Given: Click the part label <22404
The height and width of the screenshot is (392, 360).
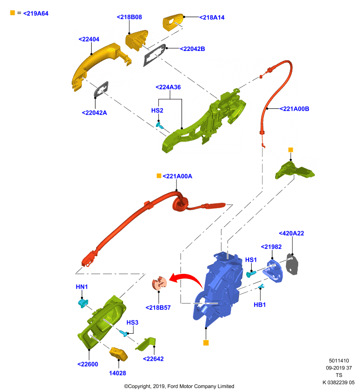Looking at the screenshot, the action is (89, 39).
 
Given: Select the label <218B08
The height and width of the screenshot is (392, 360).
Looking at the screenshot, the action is (129, 17).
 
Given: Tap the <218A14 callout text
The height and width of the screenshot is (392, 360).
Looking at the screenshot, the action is (212, 17).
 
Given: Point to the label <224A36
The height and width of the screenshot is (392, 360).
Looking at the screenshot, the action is (168, 87).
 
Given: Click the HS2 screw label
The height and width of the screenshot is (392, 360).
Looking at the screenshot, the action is (157, 110).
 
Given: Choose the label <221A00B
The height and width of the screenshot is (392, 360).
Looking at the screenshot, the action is (294, 109).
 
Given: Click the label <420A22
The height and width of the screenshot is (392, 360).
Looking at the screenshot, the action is (291, 233).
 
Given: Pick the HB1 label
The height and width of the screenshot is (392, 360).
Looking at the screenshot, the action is (259, 304).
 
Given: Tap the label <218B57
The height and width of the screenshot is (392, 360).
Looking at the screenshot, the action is (158, 308).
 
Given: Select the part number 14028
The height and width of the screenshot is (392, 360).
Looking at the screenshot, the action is (118, 373).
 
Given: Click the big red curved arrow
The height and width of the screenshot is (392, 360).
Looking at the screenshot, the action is (188, 277).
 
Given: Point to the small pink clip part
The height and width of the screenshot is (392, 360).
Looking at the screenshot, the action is (159, 284).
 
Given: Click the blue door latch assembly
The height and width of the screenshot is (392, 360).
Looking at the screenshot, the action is (220, 288).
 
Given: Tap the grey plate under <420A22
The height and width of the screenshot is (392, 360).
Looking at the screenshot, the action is (292, 264).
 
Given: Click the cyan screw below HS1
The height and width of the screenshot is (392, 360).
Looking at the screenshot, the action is (251, 273).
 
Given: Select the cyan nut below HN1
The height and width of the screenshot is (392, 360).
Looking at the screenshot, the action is (83, 303).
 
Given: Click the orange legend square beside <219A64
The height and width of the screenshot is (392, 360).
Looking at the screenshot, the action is (13, 13).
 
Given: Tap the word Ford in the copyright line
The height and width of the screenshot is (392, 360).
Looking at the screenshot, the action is (173, 386).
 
